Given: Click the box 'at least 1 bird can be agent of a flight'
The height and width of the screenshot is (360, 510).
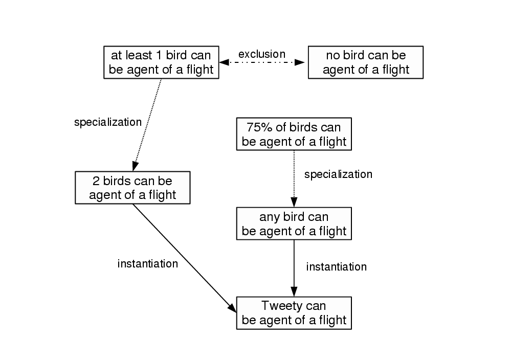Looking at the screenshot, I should tap(161, 62).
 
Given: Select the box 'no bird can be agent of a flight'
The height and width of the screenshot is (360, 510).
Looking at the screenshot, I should tap(365, 62).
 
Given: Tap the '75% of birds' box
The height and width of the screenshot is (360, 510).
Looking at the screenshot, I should tap(294, 134).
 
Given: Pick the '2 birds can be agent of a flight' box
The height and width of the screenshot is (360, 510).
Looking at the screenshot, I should tap(132, 187).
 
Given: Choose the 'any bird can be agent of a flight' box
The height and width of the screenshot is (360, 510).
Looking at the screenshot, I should tap(294, 223).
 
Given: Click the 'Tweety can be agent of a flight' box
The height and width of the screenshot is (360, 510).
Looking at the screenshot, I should tap(294, 313).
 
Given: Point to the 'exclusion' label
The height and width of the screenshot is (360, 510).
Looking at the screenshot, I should tap(262, 54).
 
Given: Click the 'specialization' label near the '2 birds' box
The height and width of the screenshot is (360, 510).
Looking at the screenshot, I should tap(107, 122).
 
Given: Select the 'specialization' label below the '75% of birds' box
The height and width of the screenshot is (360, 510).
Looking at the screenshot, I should tap(338, 174).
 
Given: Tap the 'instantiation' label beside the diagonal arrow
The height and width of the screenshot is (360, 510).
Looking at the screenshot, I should tap(148, 264).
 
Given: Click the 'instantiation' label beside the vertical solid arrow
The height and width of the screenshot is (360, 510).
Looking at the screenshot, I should tap(336, 266).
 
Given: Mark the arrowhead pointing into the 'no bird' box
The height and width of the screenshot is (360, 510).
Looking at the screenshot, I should tap(300, 62).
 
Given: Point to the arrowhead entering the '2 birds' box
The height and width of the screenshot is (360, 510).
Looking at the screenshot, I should tap(135, 166).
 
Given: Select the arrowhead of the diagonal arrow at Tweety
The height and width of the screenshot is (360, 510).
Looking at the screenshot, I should tap(232, 308).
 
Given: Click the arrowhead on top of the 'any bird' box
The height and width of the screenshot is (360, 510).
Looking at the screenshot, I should tap(294, 202).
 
